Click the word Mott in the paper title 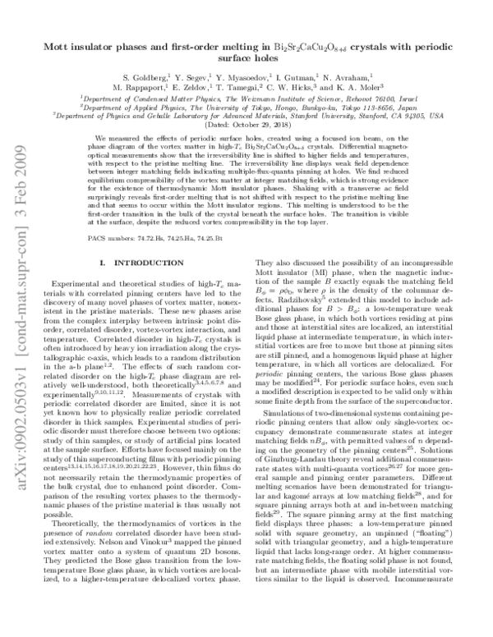coord(83,48)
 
